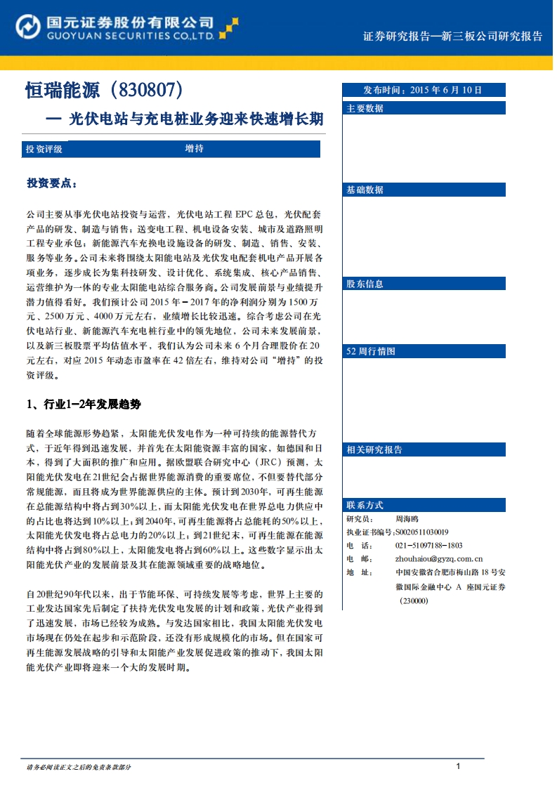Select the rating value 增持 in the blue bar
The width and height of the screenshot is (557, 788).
195,149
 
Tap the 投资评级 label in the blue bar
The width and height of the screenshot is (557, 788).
44,149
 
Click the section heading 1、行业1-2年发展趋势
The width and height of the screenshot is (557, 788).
84,405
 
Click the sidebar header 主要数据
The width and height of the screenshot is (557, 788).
365,108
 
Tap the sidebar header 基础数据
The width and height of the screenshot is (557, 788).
365,190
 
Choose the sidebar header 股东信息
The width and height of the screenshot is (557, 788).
365,284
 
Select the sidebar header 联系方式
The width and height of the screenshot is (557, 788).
365,505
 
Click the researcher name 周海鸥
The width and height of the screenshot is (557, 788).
408,518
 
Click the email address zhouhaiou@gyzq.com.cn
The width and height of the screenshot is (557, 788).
438,558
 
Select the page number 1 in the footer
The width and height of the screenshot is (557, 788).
458,766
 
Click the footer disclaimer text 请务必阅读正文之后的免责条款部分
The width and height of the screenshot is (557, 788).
78,767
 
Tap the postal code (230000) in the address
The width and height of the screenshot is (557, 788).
414,600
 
